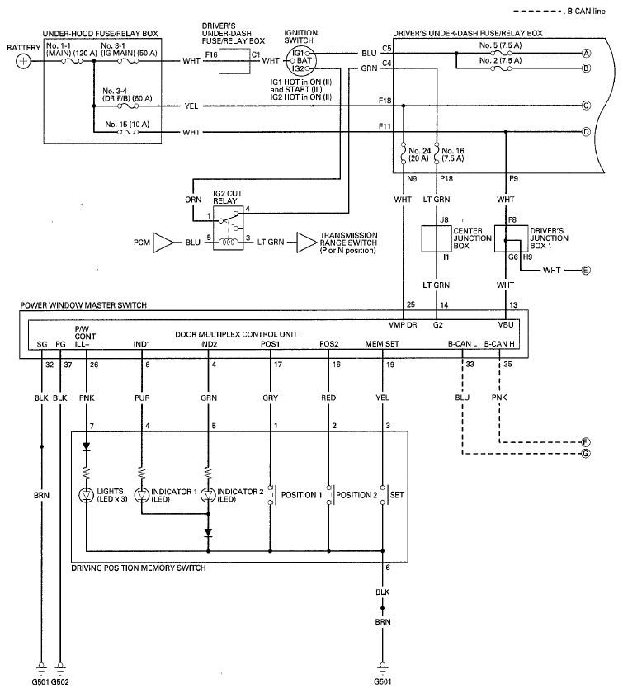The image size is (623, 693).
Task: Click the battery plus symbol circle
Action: coord(26,61)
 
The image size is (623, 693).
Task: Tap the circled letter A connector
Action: coord(587,53)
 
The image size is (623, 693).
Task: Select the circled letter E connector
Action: coord(587,270)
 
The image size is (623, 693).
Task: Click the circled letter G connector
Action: coord(587,454)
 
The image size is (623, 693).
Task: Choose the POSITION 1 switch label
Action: coord(301,495)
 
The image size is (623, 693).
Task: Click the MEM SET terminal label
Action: coord(382,343)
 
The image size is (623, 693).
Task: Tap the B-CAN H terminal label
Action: coord(499,343)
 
